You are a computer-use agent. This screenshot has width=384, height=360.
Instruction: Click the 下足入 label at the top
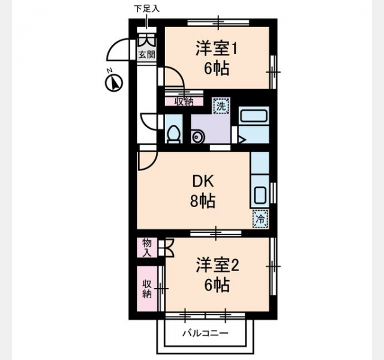coord(146,8)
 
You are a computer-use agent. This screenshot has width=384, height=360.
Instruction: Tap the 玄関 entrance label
coord(146,54)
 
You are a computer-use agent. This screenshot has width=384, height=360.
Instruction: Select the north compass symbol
coord(113,83)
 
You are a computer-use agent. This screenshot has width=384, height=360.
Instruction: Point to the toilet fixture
coord(174,134)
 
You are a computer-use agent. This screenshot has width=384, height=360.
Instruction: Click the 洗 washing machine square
coord(221,106)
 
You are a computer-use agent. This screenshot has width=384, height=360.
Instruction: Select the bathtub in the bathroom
coord(254,116)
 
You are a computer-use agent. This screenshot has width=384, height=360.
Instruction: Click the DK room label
coord(203,181)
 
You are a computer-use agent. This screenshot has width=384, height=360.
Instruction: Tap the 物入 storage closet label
coord(147,248)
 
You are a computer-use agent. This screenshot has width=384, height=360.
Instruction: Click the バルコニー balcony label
coord(206,333)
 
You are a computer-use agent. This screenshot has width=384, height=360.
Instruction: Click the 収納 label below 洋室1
coord(184,101)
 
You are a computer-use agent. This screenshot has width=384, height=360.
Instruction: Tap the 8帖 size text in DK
coord(203,201)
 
